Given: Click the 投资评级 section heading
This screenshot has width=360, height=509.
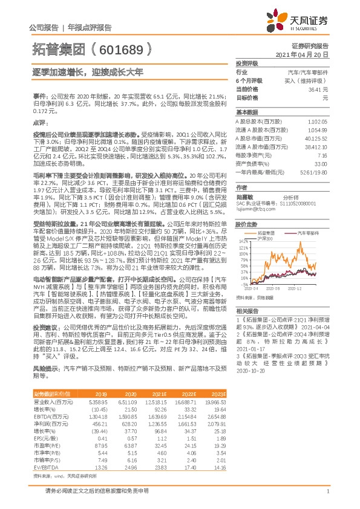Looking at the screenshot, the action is coord(247,63).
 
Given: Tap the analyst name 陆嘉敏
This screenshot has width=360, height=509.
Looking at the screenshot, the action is coord(244,196).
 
